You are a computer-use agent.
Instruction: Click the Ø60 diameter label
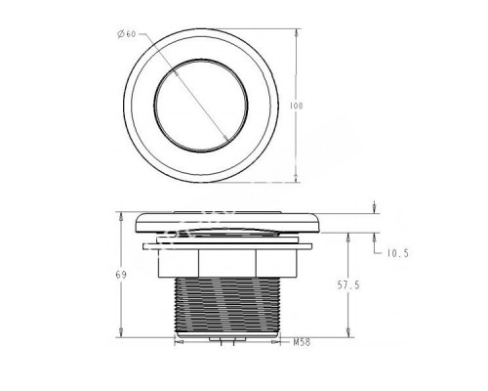point(127,34)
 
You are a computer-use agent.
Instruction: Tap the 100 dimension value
point(296,106)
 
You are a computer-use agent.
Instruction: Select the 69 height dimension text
point(121,275)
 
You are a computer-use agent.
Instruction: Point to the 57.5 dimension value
point(348,285)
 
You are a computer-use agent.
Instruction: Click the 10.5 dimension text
point(397,253)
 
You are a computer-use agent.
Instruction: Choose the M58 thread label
point(302,342)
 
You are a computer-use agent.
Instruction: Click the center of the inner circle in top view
point(201,106)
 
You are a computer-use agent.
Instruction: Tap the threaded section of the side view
point(227,305)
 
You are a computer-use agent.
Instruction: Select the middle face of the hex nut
point(227,263)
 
